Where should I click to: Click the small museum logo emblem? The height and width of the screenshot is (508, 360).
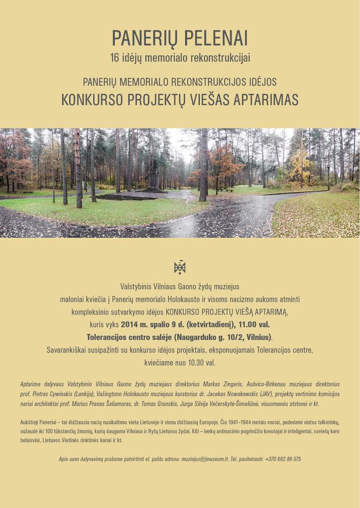[179, 267]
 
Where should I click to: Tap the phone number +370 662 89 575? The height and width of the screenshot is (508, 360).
[283, 459]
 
